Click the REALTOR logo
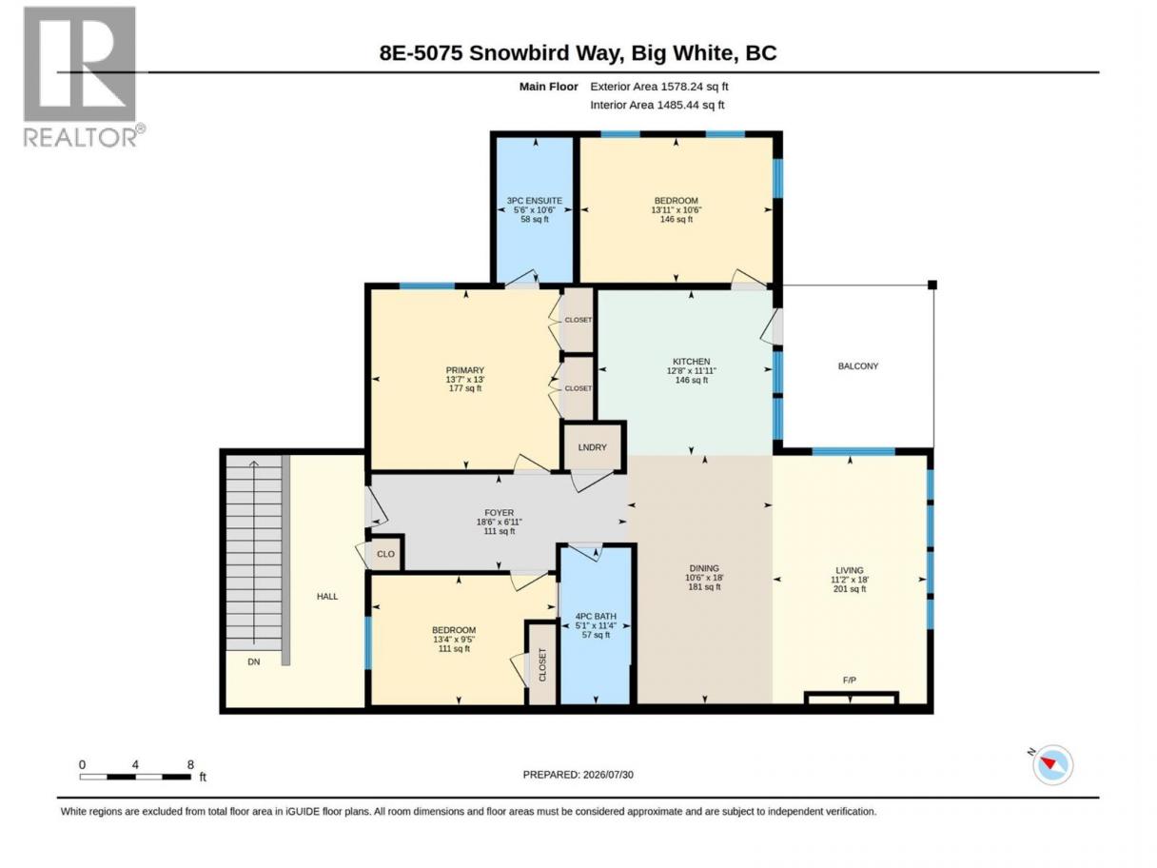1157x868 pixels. (x=82, y=77)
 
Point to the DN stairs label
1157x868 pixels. (x=253, y=661)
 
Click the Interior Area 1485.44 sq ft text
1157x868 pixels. (x=657, y=105)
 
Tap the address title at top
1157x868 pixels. (x=578, y=53)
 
